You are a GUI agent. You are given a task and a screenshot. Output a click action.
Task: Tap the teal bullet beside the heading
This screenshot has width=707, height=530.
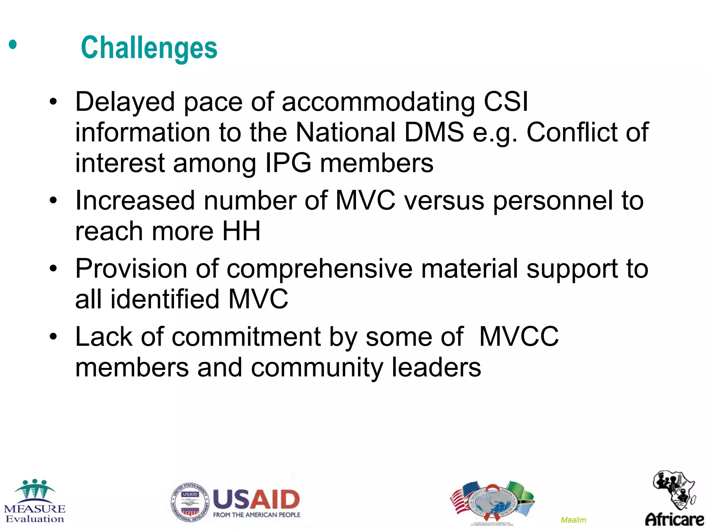(x=13, y=45)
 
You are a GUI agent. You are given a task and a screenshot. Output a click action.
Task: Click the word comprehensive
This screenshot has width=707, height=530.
(x=319, y=268)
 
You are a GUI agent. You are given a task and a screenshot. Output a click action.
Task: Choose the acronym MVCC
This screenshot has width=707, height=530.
(x=519, y=336)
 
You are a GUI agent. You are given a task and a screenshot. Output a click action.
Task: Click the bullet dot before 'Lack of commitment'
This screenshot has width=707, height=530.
(x=53, y=336)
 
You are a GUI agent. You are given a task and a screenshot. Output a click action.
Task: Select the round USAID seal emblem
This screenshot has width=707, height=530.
(x=190, y=502)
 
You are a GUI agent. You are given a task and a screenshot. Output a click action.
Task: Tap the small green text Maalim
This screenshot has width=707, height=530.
(x=573, y=520)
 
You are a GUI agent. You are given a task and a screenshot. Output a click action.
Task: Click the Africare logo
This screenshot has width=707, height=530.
(x=674, y=499)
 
